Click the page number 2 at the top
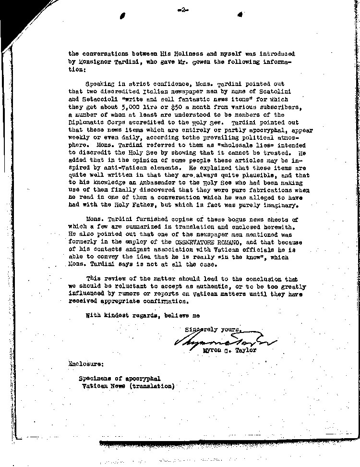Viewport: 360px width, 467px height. tap(181, 9)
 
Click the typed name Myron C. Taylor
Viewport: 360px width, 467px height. tap(229, 350)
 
